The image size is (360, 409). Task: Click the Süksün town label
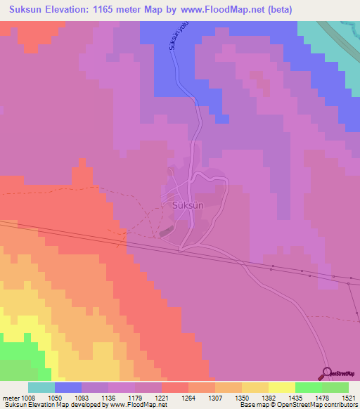(x=188, y=206)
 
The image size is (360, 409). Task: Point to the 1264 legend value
(x=188, y=397)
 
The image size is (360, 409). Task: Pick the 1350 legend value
(x=241, y=397)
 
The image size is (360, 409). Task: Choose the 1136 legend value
(x=108, y=397)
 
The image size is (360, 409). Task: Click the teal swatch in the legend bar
(x=41, y=387)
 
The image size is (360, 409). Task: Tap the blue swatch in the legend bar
(x=68, y=387)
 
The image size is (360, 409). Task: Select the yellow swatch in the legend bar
(x=281, y=387)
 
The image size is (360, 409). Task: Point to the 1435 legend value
(x=296, y=397)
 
